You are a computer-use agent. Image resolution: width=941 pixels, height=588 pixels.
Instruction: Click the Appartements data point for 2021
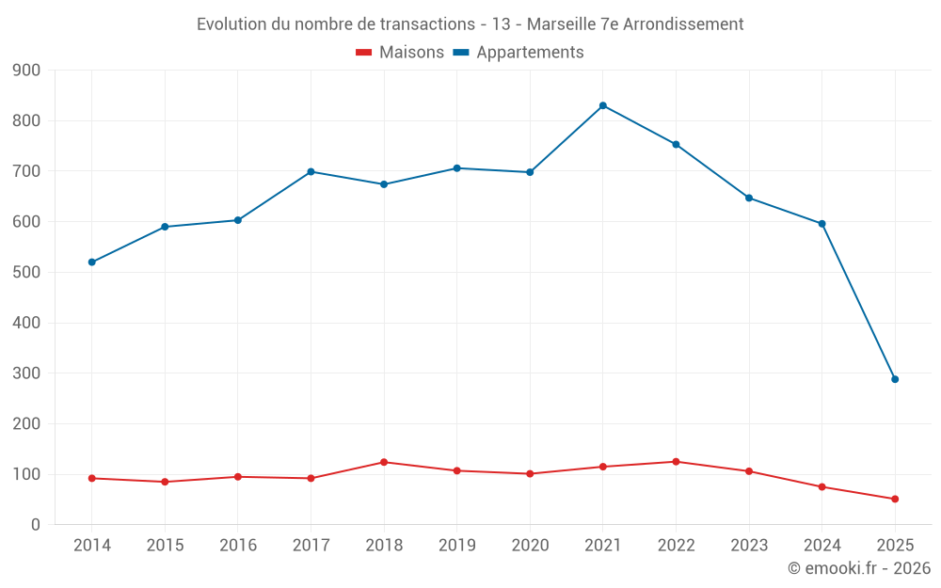pos(603,105)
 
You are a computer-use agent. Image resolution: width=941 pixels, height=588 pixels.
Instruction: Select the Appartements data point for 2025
pos(895,379)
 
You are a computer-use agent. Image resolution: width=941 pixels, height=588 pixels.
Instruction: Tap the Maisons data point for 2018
pos(384,462)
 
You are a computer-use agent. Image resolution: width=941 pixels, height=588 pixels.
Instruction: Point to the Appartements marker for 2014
pos(92,262)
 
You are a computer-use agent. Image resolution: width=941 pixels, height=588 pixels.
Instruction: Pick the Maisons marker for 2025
pos(895,499)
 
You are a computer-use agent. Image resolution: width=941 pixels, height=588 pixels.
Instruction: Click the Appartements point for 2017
pos(311,172)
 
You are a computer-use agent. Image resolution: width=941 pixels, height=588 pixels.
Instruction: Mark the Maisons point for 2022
pos(676,462)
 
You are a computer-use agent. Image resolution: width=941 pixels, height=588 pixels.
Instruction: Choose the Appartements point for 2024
pos(821,224)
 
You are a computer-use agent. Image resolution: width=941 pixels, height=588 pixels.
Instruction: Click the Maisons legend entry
pos(400,53)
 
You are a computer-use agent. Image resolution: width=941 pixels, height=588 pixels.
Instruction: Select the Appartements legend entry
pos(518,53)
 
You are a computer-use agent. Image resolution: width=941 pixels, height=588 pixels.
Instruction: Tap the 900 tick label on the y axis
pos(27,71)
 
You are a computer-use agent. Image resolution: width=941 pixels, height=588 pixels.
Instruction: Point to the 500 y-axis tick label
pos(27,273)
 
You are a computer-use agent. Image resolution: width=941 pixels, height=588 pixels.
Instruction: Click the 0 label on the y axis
pos(35,525)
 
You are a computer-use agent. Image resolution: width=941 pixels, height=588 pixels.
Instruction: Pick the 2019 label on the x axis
pos(456,545)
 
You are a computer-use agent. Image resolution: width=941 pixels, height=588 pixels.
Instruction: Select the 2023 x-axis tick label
pos(749,545)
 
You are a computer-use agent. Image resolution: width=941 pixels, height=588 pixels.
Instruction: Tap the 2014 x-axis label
pos(92,545)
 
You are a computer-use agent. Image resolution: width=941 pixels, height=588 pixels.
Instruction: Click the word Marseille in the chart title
pos(562,24)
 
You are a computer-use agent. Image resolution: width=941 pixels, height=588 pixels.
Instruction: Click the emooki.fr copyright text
pos(859,568)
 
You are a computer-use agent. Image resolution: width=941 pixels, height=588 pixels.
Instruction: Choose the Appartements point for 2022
pos(676,144)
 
